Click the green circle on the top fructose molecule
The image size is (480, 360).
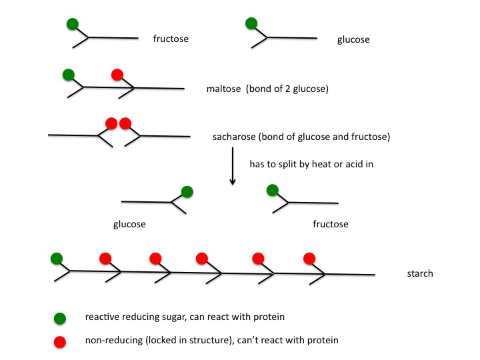tap(73, 25)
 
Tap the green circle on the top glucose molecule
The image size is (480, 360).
tap(251, 24)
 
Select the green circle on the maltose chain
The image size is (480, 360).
tap(67, 74)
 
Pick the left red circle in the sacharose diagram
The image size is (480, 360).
tap(111, 123)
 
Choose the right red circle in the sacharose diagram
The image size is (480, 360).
tap(125, 123)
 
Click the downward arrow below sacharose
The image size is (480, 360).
tap(232, 166)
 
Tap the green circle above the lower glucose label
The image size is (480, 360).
tap(187, 192)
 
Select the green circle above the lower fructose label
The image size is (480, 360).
tap(272, 191)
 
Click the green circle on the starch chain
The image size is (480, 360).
tap(57, 258)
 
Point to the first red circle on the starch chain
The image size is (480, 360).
tap(105, 258)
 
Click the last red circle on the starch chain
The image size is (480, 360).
tap(309, 258)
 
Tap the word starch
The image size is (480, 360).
tap(420, 273)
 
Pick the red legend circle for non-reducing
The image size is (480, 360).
tap(61, 342)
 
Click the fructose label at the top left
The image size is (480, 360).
tap(171, 39)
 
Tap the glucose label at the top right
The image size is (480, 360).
tap(353, 40)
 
